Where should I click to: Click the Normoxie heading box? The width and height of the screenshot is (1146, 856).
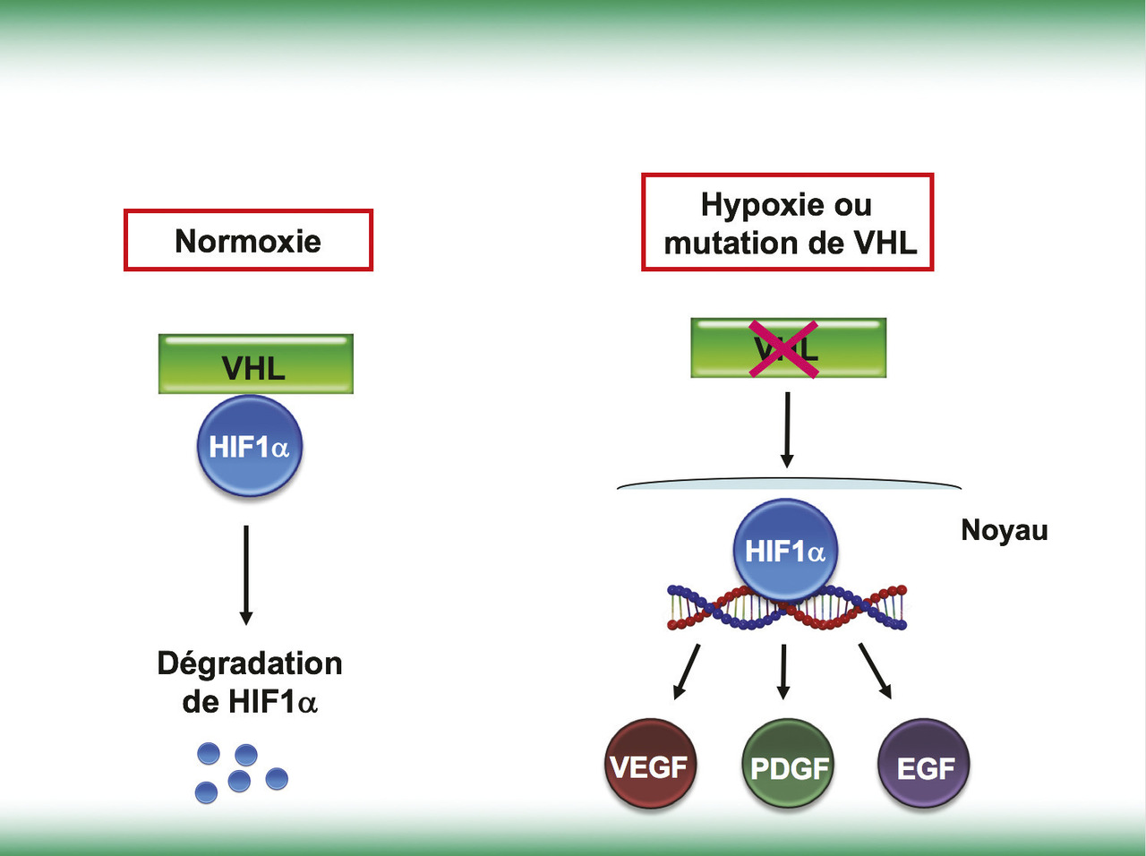click(248, 240)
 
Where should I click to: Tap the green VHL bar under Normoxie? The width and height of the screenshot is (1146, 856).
click(255, 364)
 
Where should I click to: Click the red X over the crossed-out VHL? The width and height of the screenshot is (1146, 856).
click(784, 348)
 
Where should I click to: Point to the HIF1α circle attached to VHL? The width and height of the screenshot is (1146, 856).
click(250, 446)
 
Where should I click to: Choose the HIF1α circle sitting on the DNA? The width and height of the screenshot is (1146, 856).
click(785, 550)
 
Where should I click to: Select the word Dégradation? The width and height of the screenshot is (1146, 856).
click(250, 663)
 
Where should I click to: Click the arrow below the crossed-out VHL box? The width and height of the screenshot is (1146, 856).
click(787, 430)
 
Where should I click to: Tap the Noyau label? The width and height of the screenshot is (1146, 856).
click(1004, 530)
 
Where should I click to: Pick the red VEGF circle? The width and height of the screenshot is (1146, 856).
click(649, 766)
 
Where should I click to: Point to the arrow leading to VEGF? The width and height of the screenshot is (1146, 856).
click(687, 671)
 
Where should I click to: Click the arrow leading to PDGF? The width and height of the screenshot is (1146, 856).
click(783, 672)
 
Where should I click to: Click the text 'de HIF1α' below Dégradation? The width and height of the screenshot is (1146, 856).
click(250, 702)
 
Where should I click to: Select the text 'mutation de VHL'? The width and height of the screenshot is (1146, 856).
click(790, 244)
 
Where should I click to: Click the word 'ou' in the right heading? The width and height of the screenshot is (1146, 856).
click(852, 205)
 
